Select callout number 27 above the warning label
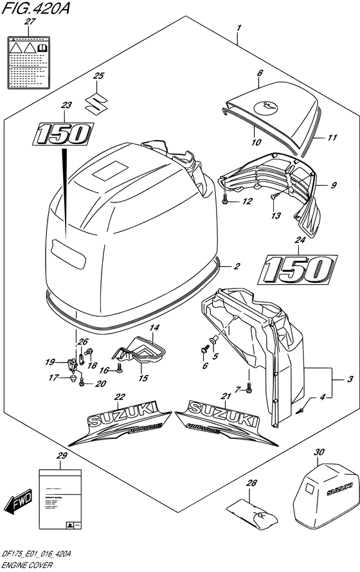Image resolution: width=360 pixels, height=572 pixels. point(28,22)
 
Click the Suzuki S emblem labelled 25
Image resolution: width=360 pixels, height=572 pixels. point(98,102)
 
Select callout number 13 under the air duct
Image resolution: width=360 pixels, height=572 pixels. point(276,216)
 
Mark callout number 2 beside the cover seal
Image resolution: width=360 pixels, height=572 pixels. point(237,265)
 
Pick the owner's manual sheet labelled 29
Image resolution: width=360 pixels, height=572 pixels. point(60,494)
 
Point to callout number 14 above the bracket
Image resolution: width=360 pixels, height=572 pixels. point(154,328)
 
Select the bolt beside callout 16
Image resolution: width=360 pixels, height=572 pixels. point(119,370)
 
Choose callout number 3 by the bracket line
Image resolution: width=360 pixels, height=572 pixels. point(349,380)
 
